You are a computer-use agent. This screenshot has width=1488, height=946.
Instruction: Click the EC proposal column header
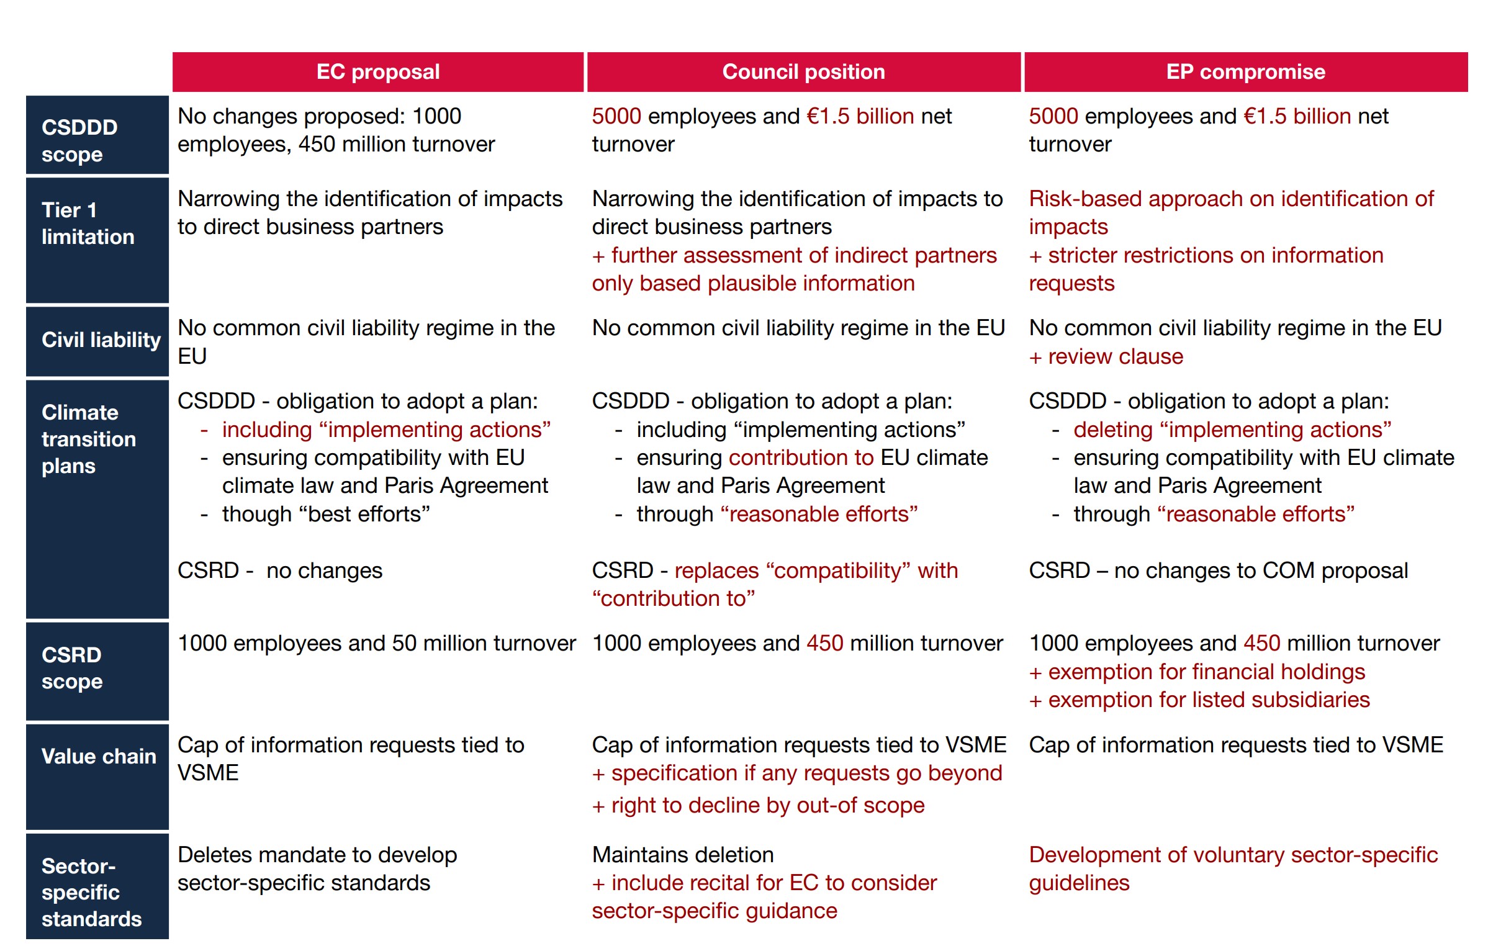point(377,72)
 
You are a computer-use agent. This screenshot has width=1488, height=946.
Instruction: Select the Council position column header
point(803,72)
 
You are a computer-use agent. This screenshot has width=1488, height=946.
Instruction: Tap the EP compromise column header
point(1245,72)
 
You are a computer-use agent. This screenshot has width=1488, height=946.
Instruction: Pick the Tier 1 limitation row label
point(97,223)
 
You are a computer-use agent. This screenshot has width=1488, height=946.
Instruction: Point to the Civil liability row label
point(99,340)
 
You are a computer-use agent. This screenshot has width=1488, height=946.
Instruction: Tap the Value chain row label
point(98,756)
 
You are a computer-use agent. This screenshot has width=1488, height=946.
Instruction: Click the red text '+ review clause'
point(1106,357)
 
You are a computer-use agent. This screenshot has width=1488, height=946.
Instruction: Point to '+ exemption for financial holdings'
point(1197,672)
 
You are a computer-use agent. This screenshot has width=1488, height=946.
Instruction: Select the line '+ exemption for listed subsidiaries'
point(1199,700)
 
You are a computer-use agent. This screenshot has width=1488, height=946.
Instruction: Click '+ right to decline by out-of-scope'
point(759,806)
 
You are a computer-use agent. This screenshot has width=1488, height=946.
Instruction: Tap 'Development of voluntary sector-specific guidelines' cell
point(1233,869)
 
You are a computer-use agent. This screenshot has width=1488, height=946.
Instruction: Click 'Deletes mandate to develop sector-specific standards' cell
point(317,869)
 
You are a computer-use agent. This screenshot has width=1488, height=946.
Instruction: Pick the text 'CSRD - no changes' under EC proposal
point(280,570)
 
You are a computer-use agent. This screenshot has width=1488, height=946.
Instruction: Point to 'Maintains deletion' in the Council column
point(683,855)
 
